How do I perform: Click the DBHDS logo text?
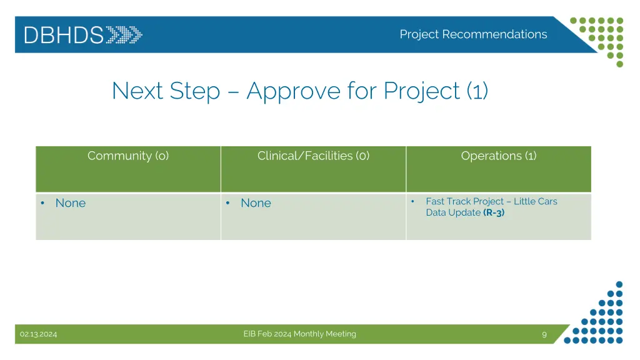[x=64, y=34]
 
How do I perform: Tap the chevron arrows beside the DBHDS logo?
[x=124, y=34]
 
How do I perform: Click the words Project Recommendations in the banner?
[x=473, y=34]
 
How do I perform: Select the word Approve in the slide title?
[x=292, y=91]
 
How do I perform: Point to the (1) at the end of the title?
[x=477, y=91]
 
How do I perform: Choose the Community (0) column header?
[x=128, y=156]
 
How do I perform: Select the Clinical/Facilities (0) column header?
[x=313, y=156]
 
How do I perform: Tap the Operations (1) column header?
[x=498, y=156]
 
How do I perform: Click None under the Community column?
[x=71, y=203]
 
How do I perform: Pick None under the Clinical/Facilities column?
[x=256, y=203]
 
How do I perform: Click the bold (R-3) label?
[x=494, y=212]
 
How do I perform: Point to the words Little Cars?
[x=535, y=201]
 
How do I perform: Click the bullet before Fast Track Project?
[x=413, y=201]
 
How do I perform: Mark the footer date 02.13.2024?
[x=38, y=334]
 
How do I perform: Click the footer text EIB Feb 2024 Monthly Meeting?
[x=299, y=334]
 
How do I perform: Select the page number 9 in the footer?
[x=544, y=334]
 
